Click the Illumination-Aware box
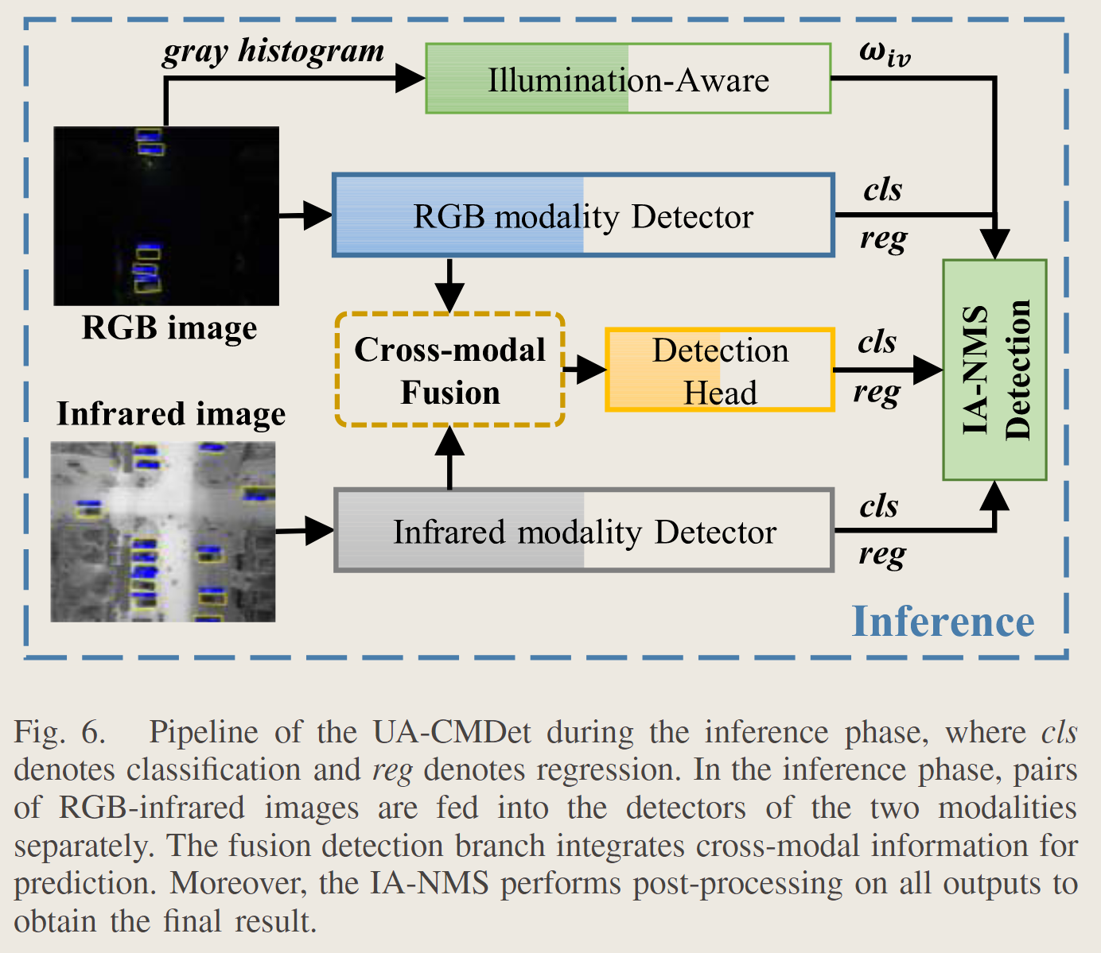(628, 79)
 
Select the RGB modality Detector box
(583, 215)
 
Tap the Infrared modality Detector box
(584, 531)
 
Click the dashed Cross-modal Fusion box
(449, 370)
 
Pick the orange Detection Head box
(720, 370)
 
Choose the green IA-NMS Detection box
(994, 370)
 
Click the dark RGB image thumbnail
(166, 215)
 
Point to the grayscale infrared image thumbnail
(163, 531)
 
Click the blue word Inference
(943, 621)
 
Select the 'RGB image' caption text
(169, 327)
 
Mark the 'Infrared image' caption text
(171, 414)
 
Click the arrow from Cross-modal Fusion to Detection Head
(585, 370)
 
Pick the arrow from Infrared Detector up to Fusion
(450, 457)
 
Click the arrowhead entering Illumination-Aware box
(410, 78)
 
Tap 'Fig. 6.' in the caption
(60, 731)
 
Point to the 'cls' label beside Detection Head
(877, 342)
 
